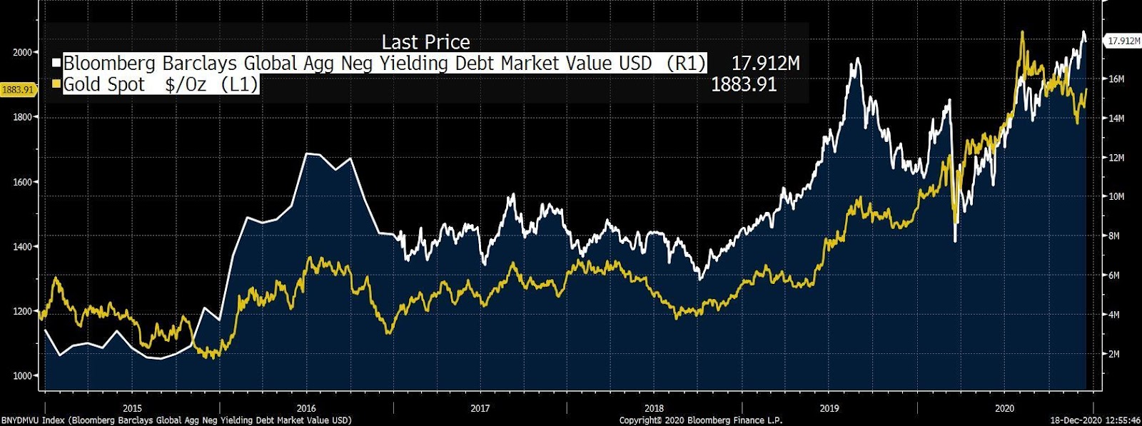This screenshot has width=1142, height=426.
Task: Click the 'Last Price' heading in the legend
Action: tap(425, 42)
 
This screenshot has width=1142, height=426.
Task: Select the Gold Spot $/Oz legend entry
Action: tap(161, 84)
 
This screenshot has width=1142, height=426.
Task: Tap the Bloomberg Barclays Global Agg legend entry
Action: tap(384, 63)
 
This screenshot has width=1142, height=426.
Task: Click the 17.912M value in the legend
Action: tap(765, 63)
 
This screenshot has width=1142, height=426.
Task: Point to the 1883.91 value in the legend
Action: tap(744, 84)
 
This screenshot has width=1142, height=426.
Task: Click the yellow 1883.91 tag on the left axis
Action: tap(18, 89)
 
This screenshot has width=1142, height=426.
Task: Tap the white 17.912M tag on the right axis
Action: tap(1123, 41)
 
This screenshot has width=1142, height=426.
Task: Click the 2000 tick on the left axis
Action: tap(22, 52)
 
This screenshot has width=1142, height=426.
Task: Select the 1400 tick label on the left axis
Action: tap(22, 246)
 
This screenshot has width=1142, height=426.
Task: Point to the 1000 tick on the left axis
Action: tap(22, 376)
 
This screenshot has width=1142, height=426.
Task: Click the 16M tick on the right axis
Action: tap(1116, 79)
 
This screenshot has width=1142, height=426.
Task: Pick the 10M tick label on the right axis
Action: tap(1116, 197)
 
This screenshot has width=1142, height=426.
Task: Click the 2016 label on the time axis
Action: tap(306, 408)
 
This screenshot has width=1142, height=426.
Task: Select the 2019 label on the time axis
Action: tap(829, 408)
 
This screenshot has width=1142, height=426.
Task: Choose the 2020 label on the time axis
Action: tap(1004, 408)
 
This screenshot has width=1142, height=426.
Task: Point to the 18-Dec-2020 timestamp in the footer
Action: tap(1095, 420)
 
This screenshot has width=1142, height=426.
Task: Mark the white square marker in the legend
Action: tap(56, 63)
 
